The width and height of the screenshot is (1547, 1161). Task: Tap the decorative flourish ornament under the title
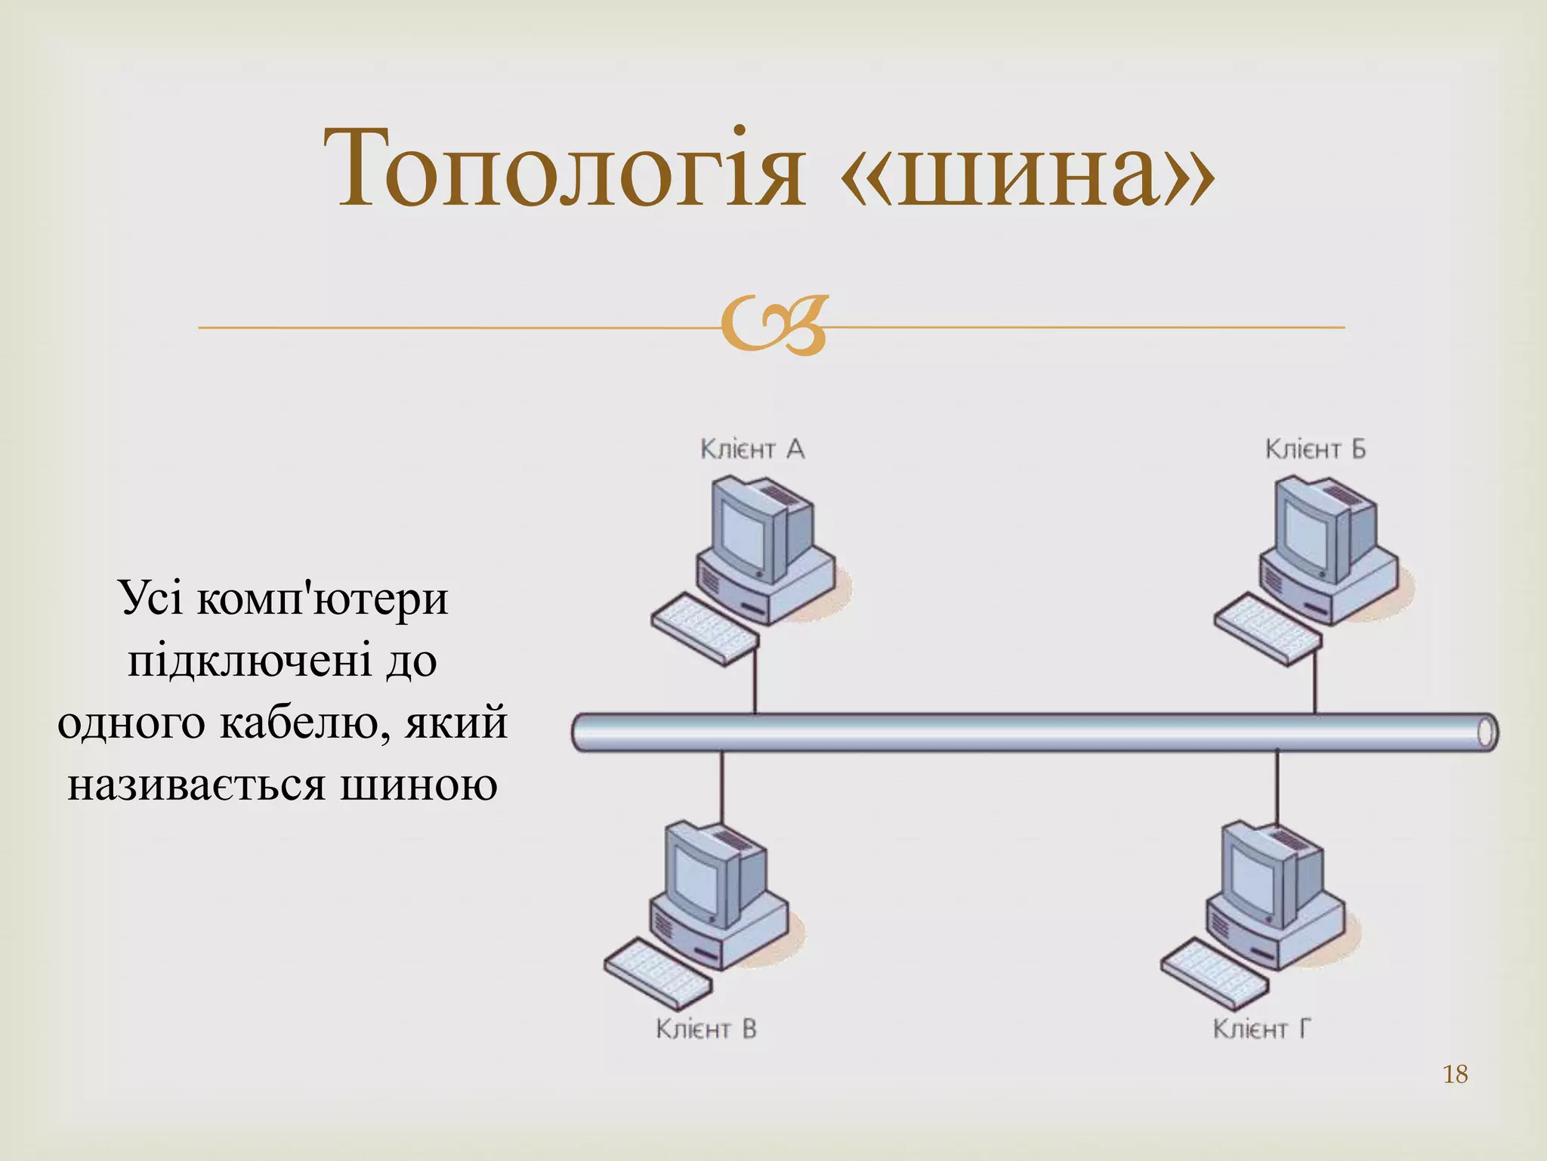773,327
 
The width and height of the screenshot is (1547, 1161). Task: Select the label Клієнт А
752,449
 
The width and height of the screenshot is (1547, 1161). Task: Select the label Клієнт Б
1315,449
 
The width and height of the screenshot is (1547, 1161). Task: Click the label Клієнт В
706,1029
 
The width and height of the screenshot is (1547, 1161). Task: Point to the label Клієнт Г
1261,1029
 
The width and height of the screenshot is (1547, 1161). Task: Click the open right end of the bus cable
1486,732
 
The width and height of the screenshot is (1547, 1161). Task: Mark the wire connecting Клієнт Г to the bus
1277,786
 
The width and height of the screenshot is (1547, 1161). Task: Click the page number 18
1455,1074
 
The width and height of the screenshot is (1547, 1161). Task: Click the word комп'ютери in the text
323,599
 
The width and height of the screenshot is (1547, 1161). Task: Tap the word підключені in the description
249,661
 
